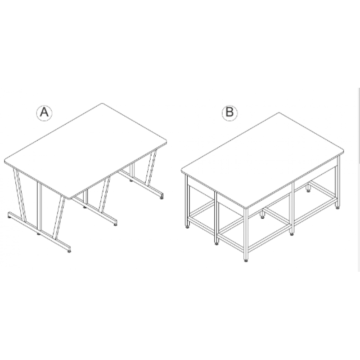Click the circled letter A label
pyautogui.click(x=44, y=113)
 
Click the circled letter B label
pyautogui.click(x=229, y=113)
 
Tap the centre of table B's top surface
pyautogui.click(x=262, y=161)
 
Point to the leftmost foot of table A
pyautogui.click(x=9, y=216)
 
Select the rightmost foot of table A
pyautogui.click(x=162, y=198)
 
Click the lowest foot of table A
pyautogui.click(x=69, y=251)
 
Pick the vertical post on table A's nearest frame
pyautogui.click(x=39, y=206)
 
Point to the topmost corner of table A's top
pyautogui.click(x=102, y=104)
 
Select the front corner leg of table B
pyautogui.click(x=246, y=234)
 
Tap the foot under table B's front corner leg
pyautogui.click(x=246, y=261)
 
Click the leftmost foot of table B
pyautogui.click(x=188, y=227)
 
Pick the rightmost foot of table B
pyautogui.click(x=338, y=207)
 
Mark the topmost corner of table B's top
pyautogui.click(x=279, y=113)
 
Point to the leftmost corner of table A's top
pyautogui.click(x=5, y=161)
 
